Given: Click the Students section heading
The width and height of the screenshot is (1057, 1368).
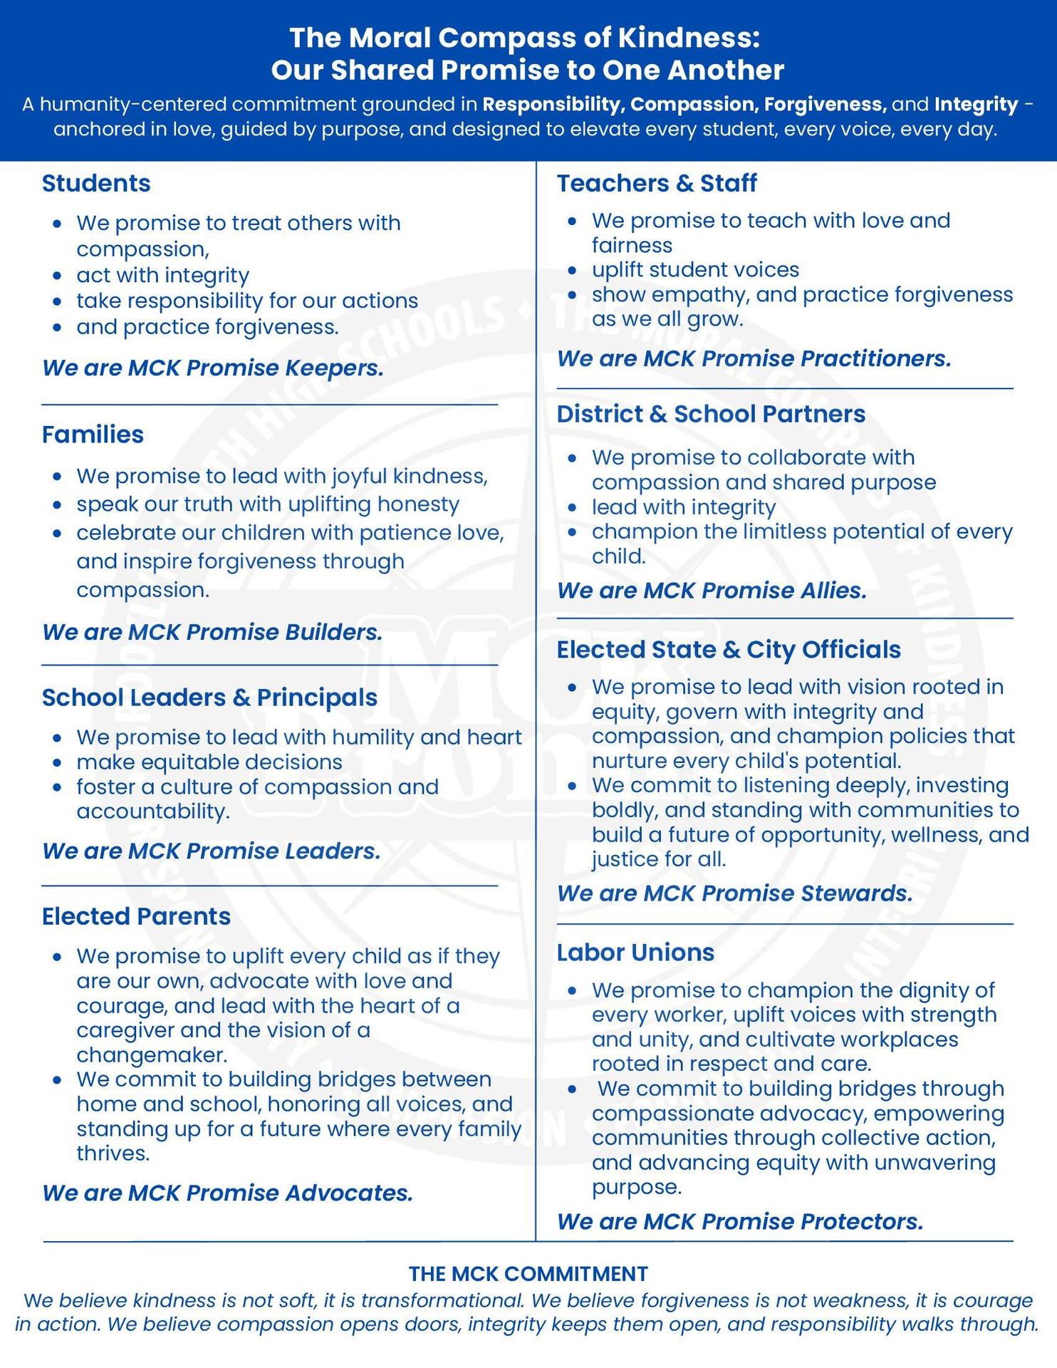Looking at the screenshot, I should tap(96, 184).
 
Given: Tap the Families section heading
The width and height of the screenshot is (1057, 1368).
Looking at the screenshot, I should tap(93, 435).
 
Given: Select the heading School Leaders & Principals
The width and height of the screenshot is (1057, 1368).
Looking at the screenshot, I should tap(209, 698).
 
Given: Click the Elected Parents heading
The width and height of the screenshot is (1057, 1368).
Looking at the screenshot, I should tap(136, 916).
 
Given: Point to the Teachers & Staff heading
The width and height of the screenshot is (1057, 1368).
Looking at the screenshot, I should tap(656, 184).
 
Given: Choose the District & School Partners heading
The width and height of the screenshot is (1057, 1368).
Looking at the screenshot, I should tap(710, 414).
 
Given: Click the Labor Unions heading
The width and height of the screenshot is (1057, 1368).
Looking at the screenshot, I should tap(635, 953).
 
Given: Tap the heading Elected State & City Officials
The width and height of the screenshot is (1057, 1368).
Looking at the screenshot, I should tap(728, 650).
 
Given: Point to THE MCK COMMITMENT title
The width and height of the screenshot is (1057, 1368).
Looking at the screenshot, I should tap(528, 1274).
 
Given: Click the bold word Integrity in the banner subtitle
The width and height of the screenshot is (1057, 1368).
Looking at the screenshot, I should tap(976, 105).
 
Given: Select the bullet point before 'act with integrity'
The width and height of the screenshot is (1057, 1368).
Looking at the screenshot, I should tap(58, 276).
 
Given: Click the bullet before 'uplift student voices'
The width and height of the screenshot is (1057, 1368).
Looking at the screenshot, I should tap(572, 271).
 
